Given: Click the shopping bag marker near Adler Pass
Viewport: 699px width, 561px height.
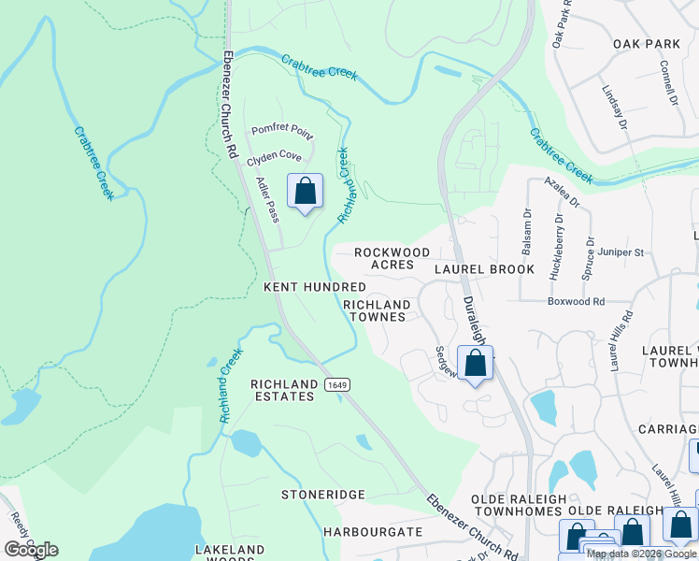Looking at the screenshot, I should [305, 193].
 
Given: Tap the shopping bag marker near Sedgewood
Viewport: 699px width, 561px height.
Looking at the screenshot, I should [476, 364].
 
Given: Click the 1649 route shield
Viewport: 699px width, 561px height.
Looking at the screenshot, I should [337, 385].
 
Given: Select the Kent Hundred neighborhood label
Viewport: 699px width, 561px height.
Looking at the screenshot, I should [315, 287].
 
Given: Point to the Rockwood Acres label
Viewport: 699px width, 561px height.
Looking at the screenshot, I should [392, 258].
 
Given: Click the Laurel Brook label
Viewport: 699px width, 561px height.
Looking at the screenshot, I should [485, 269].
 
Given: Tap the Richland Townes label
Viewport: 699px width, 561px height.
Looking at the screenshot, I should [377, 310].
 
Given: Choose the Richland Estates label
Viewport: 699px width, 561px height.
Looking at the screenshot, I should [282, 390].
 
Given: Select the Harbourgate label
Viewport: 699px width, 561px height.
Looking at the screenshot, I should [373, 532].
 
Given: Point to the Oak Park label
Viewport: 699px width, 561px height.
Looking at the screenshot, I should [646, 44].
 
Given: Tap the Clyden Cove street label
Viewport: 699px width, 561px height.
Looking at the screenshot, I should [274, 159].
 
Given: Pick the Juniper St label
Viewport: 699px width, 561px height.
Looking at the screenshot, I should [625, 252].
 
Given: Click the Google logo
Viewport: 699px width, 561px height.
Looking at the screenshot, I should [31, 550].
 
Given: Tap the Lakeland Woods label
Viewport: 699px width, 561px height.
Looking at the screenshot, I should [229, 554].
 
